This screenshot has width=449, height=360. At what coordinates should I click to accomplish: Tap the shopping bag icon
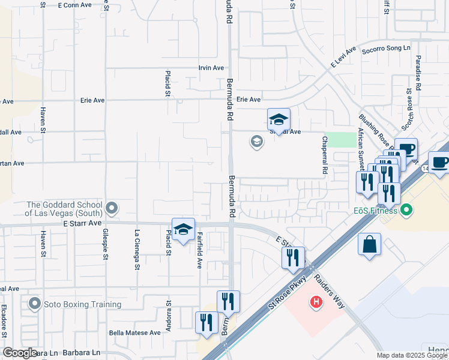[x=369, y=245]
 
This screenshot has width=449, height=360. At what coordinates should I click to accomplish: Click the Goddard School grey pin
[x=111, y=208]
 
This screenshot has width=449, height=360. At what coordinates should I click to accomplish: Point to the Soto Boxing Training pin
[x=35, y=304]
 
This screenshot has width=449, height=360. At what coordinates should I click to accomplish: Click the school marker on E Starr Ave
[x=183, y=230]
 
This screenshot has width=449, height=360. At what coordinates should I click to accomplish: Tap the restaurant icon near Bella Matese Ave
[x=206, y=324]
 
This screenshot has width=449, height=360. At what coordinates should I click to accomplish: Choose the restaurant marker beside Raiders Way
[x=293, y=259]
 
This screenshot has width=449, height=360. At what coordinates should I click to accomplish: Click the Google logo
[x=20, y=353]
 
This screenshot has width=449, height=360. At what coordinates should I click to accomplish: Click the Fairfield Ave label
[x=199, y=250]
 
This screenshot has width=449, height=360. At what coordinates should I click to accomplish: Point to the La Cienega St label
[x=137, y=250]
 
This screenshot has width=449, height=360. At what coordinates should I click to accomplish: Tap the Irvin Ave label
[x=211, y=68]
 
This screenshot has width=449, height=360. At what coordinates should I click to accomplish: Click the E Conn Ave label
[x=74, y=5]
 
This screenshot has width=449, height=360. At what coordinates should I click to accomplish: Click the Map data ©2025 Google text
[x=412, y=355]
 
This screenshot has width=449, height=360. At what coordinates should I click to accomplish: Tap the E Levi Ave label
[x=343, y=57]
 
